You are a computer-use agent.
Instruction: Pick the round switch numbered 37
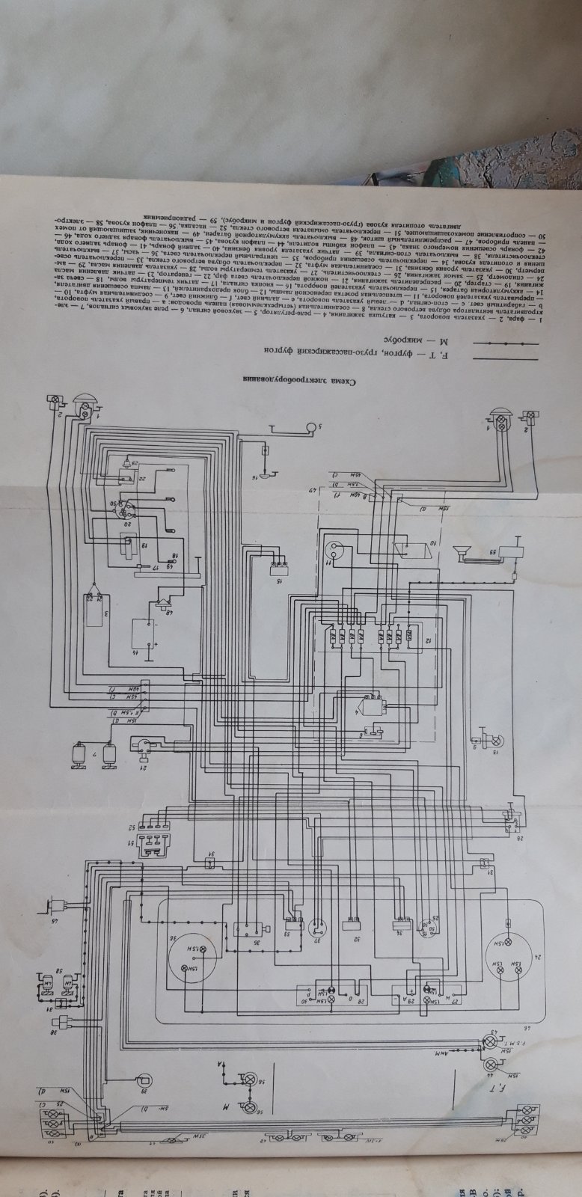[316, 927]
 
